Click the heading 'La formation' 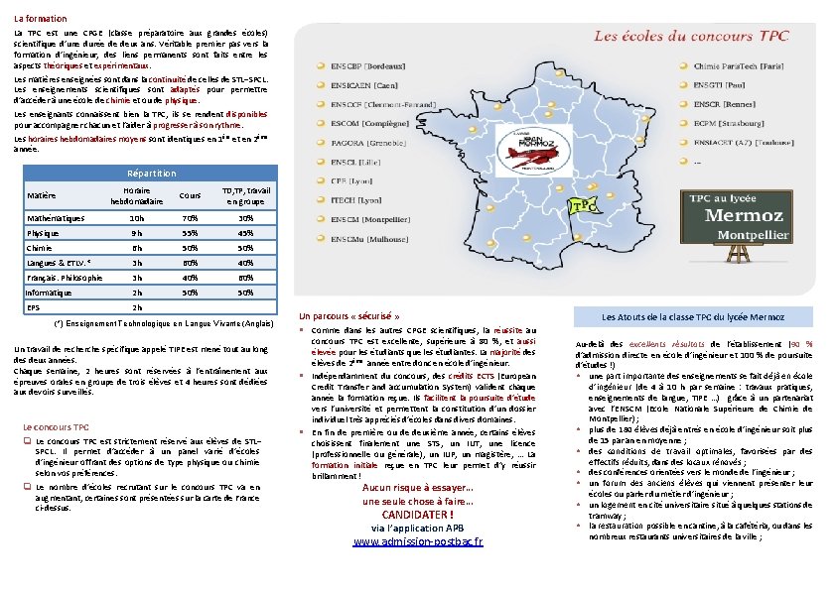[41, 19]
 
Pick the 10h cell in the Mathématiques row [137, 217]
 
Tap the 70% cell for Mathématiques [190, 217]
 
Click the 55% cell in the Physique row [190, 233]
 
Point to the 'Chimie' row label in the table [40, 248]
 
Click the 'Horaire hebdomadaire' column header [136, 195]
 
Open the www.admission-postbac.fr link [418, 541]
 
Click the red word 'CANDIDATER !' [418, 515]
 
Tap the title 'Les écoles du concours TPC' [692, 36]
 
